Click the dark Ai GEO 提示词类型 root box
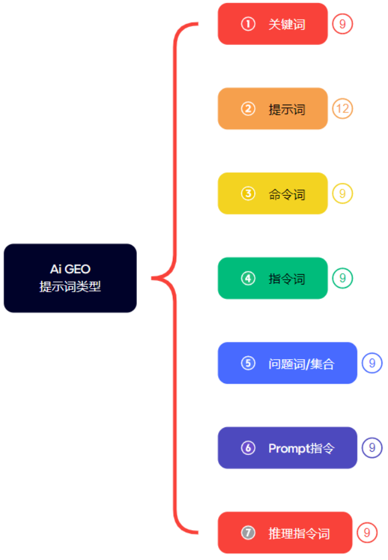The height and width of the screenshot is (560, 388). pyautogui.click(x=70, y=278)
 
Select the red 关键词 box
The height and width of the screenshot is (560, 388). pyautogui.click(x=273, y=24)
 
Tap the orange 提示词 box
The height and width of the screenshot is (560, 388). pyautogui.click(x=273, y=109)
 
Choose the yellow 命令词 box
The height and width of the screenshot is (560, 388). pyautogui.click(x=273, y=194)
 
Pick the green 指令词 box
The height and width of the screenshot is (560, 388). pyautogui.click(x=273, y=279)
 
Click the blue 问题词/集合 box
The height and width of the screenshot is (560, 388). pyautogui.click(x=287, y=363)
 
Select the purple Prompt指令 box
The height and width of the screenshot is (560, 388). pyautogui.click(x=287, y=448)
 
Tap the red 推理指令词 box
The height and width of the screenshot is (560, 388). pyautogui.click(x=285, y=533)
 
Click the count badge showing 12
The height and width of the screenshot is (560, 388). pyautogui.click(x=343, y=109)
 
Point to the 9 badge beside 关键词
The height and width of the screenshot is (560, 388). pyautogui.click(x=343, y=24)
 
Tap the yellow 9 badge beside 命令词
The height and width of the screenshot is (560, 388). pyautogui.click(x=343, y=194)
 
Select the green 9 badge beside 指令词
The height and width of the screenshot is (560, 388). pyautogui.click(x=343, y=279)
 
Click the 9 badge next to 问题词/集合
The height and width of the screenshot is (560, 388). pyautogui.click(x=372, y=363)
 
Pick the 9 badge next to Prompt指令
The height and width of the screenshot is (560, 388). pyautogui.click(x=372, y=448)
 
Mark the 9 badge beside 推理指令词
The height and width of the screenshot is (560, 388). pyautogui.click(x=367, y=533)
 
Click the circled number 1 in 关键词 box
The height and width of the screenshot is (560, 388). pyautogui.click(x=248, y=24)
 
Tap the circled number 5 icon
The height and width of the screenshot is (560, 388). pyautogui.click(x=248, y=363)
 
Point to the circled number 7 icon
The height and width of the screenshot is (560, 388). pyautogui.click(x=248, y=533)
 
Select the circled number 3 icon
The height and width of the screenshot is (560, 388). pyautogui.click(x=248, y=194)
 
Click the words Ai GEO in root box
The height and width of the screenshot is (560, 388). pyautogui.click(x=70, y=270)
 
